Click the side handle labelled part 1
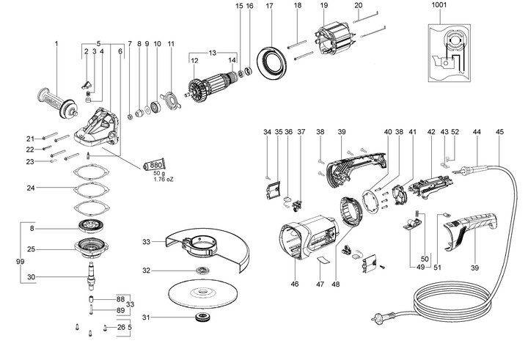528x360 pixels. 58,103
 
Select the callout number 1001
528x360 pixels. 439,4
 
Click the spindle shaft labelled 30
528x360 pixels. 91,276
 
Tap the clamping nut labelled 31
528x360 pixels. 202,317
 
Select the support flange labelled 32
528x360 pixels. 202,270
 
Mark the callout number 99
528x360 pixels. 20,261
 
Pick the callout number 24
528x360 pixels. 31,188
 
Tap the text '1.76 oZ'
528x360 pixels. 164,179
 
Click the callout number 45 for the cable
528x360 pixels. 499,132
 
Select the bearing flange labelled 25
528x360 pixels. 91,249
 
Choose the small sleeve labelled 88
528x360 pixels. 91,298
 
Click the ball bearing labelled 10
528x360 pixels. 156,107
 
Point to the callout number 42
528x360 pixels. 431,132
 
